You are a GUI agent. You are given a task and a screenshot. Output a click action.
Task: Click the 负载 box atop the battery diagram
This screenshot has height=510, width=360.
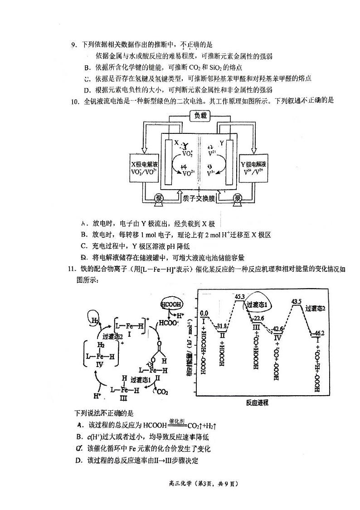click(200, 116)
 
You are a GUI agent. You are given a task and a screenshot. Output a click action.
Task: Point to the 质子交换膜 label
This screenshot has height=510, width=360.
click(199, 198)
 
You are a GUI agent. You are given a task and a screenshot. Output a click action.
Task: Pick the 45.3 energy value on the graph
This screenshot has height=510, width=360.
click(239, 297)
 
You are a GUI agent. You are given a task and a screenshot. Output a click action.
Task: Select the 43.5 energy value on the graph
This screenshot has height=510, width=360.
click(297, 301)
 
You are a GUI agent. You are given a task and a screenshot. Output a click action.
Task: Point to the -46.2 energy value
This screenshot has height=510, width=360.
click(319, 333)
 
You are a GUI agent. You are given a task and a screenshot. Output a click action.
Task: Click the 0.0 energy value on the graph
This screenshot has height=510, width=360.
click(204, 313)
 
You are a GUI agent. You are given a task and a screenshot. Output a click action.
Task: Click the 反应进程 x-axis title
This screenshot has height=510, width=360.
click(257, 402)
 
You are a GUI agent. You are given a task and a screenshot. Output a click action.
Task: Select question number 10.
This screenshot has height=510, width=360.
click(75, 101)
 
